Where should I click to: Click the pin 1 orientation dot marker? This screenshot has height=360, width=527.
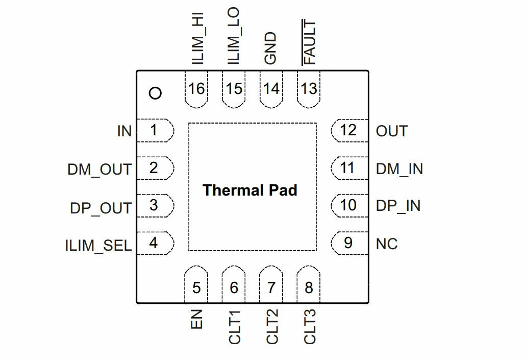click(x=155, y=93)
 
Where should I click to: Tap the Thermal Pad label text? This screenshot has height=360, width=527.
click(x=250, y=190)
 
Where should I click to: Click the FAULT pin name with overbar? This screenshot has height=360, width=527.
click(x=309, y=42)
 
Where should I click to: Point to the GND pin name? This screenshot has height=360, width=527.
click(x=270, y=48)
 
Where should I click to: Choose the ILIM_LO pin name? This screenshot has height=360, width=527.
click(x=234, y=36)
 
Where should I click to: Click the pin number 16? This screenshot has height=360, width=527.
click(x=196, y=89)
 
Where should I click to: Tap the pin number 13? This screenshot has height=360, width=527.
click(x=309, y=89)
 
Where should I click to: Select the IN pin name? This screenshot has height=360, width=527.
click(x=124, y=131)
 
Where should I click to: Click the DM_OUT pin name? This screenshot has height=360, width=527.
click(x=99, y=169)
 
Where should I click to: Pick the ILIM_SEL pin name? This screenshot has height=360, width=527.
click(x=98, y=245)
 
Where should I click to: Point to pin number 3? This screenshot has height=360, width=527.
click(x=154, y=205)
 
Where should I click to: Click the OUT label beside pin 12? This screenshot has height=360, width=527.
click(x=392, y=131)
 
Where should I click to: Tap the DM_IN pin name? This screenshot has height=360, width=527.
click(x=399, y=169)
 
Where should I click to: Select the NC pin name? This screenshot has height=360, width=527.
click(x=387, y=244)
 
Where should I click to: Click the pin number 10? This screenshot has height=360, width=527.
click(x=348, y=205)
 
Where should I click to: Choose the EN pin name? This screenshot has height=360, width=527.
click(x=196, y=319)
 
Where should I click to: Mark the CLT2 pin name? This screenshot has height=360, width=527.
click(x=272, y=326)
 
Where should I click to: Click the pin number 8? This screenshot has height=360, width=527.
click(x=309, y=287)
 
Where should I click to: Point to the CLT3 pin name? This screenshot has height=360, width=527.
click(x=310, y=326)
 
